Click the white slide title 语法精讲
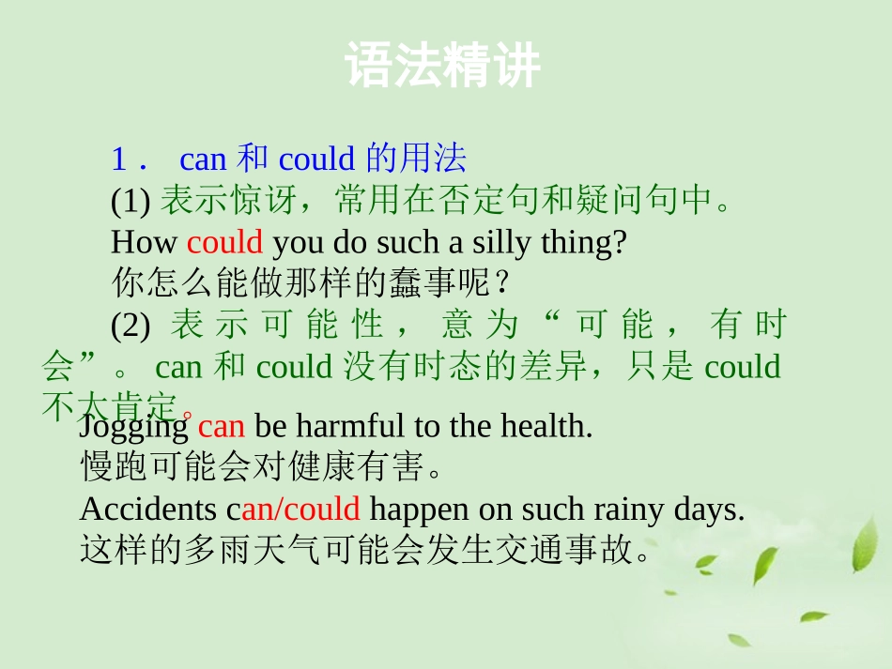click(x=443, y=66)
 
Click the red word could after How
click(x=224, y=242)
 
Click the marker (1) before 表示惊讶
click(x=131, y=201)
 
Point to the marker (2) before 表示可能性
click(x=131, y=325)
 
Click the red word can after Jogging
click(x=222, y=427)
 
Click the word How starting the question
click(x=144, y=242)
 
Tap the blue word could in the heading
click(x=316, y=160)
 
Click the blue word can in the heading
click(x=203, y=160)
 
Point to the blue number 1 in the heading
click(x=118, y=160)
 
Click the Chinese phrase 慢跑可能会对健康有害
click(x=254, y=466)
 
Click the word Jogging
click(x=134, y=427)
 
